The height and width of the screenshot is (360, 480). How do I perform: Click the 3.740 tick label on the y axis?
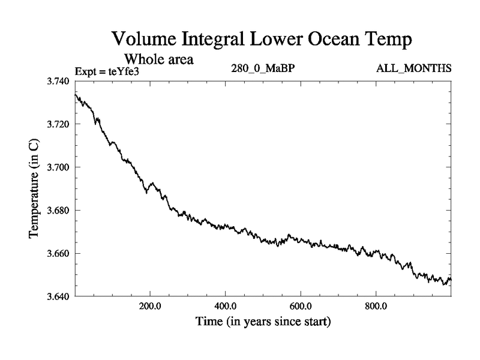point(59,81)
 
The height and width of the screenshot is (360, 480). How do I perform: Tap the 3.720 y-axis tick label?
point(59,124)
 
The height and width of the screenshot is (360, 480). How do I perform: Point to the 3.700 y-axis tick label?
point(59,167)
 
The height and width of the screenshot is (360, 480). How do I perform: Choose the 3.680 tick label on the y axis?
point(59,211)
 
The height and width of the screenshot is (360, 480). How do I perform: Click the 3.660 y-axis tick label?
point(59,254)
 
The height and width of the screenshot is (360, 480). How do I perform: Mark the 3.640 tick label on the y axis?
point(59,297)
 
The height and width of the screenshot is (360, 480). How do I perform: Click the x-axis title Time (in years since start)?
point(263,322)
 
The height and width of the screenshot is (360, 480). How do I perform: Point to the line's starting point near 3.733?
point(75,95)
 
